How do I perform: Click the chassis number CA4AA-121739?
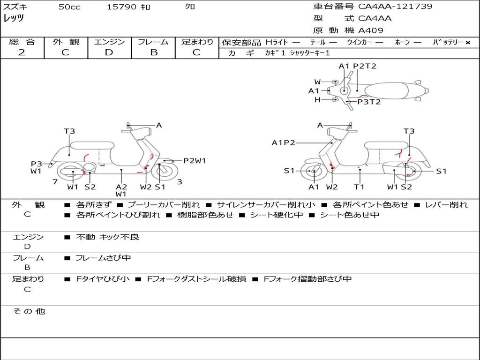(395, 7)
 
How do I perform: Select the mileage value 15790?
(121, 7)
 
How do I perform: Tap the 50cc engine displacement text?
(69, 7)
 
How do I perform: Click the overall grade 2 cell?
(22, 52)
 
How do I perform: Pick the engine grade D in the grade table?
(109, 52)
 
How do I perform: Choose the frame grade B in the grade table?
(154, 52)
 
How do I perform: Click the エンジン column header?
(109, 42)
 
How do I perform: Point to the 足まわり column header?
(197, 42)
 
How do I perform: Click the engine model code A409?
(371, 30)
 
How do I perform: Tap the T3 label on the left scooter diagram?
(69, 131)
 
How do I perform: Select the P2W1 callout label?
(195, 161)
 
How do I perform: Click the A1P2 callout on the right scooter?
(283, 142)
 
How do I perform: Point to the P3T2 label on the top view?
(369, 102)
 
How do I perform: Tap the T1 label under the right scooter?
(359, 187)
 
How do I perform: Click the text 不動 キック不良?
(108, 237)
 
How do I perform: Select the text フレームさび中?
(104, 258)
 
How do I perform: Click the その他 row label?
(29, 311)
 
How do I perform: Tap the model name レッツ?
(14, 19)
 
